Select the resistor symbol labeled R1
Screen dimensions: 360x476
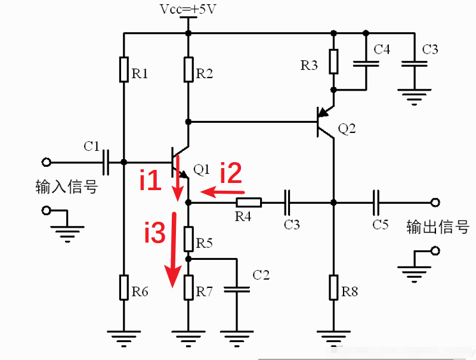(x=123, y=69)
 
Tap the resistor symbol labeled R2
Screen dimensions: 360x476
(x=188, y=69)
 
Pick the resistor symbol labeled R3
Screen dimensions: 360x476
(x=334, y=61)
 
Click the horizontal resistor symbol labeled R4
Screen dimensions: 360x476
(x=249, y=203)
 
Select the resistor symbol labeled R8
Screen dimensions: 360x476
(x=334, y=287)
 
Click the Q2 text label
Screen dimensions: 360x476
(x=347, y=128)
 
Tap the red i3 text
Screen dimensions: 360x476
(x=154, y=233)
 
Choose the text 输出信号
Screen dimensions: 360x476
(x=438, y=226)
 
